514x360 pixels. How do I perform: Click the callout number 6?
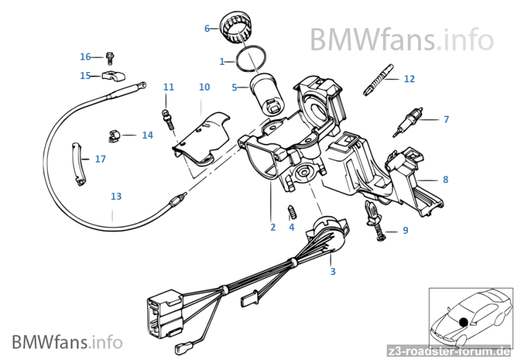coord(207,28)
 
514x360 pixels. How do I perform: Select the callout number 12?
coord(409,79)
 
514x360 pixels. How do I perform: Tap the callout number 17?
coord(100,159)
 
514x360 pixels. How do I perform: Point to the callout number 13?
coord(116,196)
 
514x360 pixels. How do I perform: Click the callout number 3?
coord(333,272)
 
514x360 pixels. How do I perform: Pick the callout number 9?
coord(405,230)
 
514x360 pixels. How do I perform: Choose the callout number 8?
coord(445,179)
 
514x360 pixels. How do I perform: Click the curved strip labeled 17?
coord(77,162)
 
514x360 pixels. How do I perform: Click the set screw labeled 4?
coord(292,211)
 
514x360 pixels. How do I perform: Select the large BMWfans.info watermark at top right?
coord(402,40)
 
